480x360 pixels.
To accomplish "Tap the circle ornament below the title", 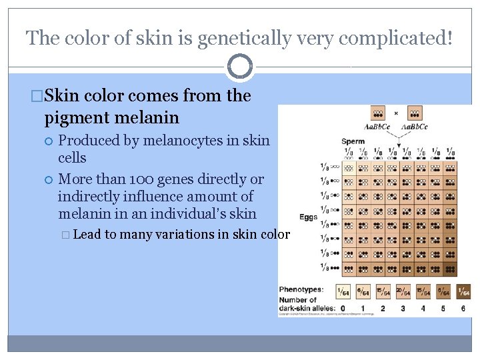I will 240,67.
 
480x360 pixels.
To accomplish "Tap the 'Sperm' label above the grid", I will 353,141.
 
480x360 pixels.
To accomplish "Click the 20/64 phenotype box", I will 403,291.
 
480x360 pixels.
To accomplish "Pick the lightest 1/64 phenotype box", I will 343,291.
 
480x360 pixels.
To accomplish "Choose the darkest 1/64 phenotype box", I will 463,291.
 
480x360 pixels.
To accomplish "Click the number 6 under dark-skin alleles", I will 463,309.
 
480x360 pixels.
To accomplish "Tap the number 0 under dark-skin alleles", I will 343,309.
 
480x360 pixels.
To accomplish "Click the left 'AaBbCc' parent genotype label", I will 377,127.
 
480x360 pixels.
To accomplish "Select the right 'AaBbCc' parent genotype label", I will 415,127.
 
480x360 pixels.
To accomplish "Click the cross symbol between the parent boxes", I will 396,113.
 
